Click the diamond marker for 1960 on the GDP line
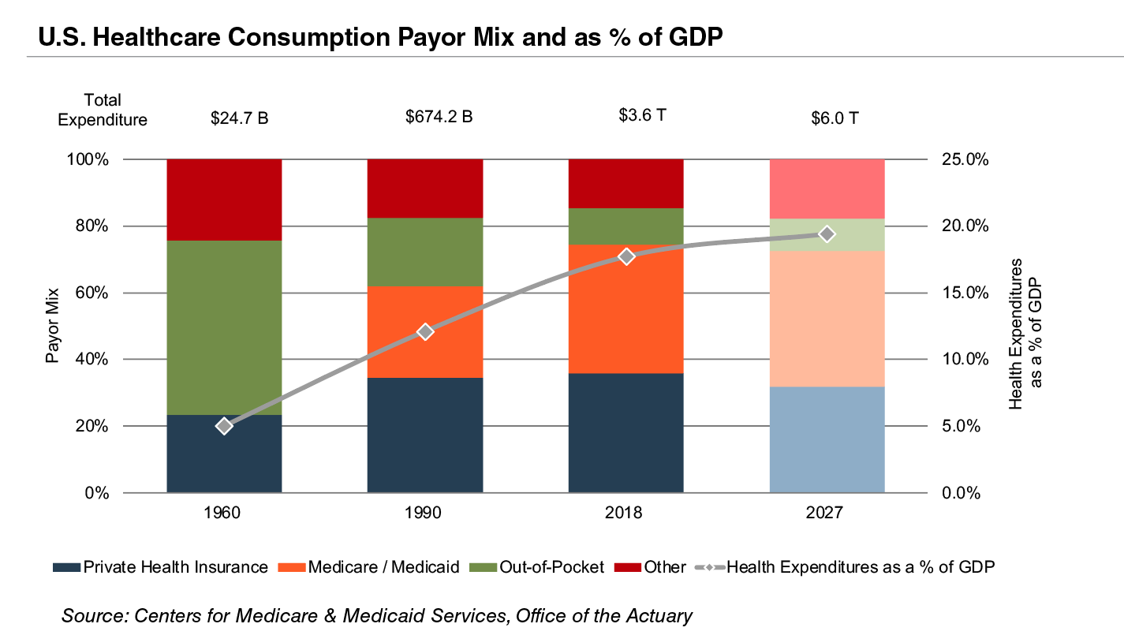coord(225,426)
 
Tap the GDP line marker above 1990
coord(425,331)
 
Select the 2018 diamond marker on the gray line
coord(626,256)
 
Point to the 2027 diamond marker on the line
coord(827,233)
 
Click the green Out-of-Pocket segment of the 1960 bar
coord(225,327)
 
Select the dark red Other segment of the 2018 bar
coord(626,183)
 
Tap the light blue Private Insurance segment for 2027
coord(827,439)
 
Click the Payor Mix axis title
coord(53,326)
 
